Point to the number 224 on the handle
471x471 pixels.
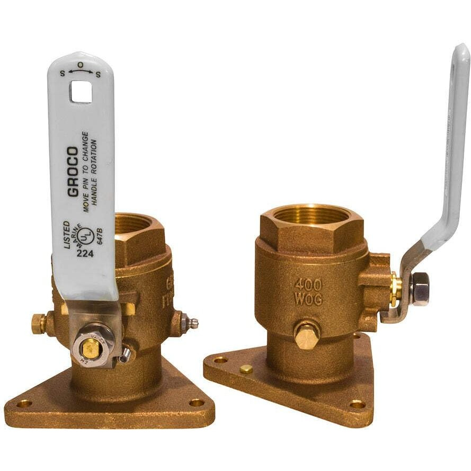[x=85, y=253]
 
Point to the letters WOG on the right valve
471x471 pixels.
[x=308, y=299]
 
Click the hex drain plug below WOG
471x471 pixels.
[x=307, y=336]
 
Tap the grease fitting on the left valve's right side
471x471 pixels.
[x=188, y=323]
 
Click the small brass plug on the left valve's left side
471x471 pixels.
[x=38, y=323]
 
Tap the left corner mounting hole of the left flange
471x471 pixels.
[x=24, y=404]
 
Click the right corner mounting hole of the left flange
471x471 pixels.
[x=196, y=403]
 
